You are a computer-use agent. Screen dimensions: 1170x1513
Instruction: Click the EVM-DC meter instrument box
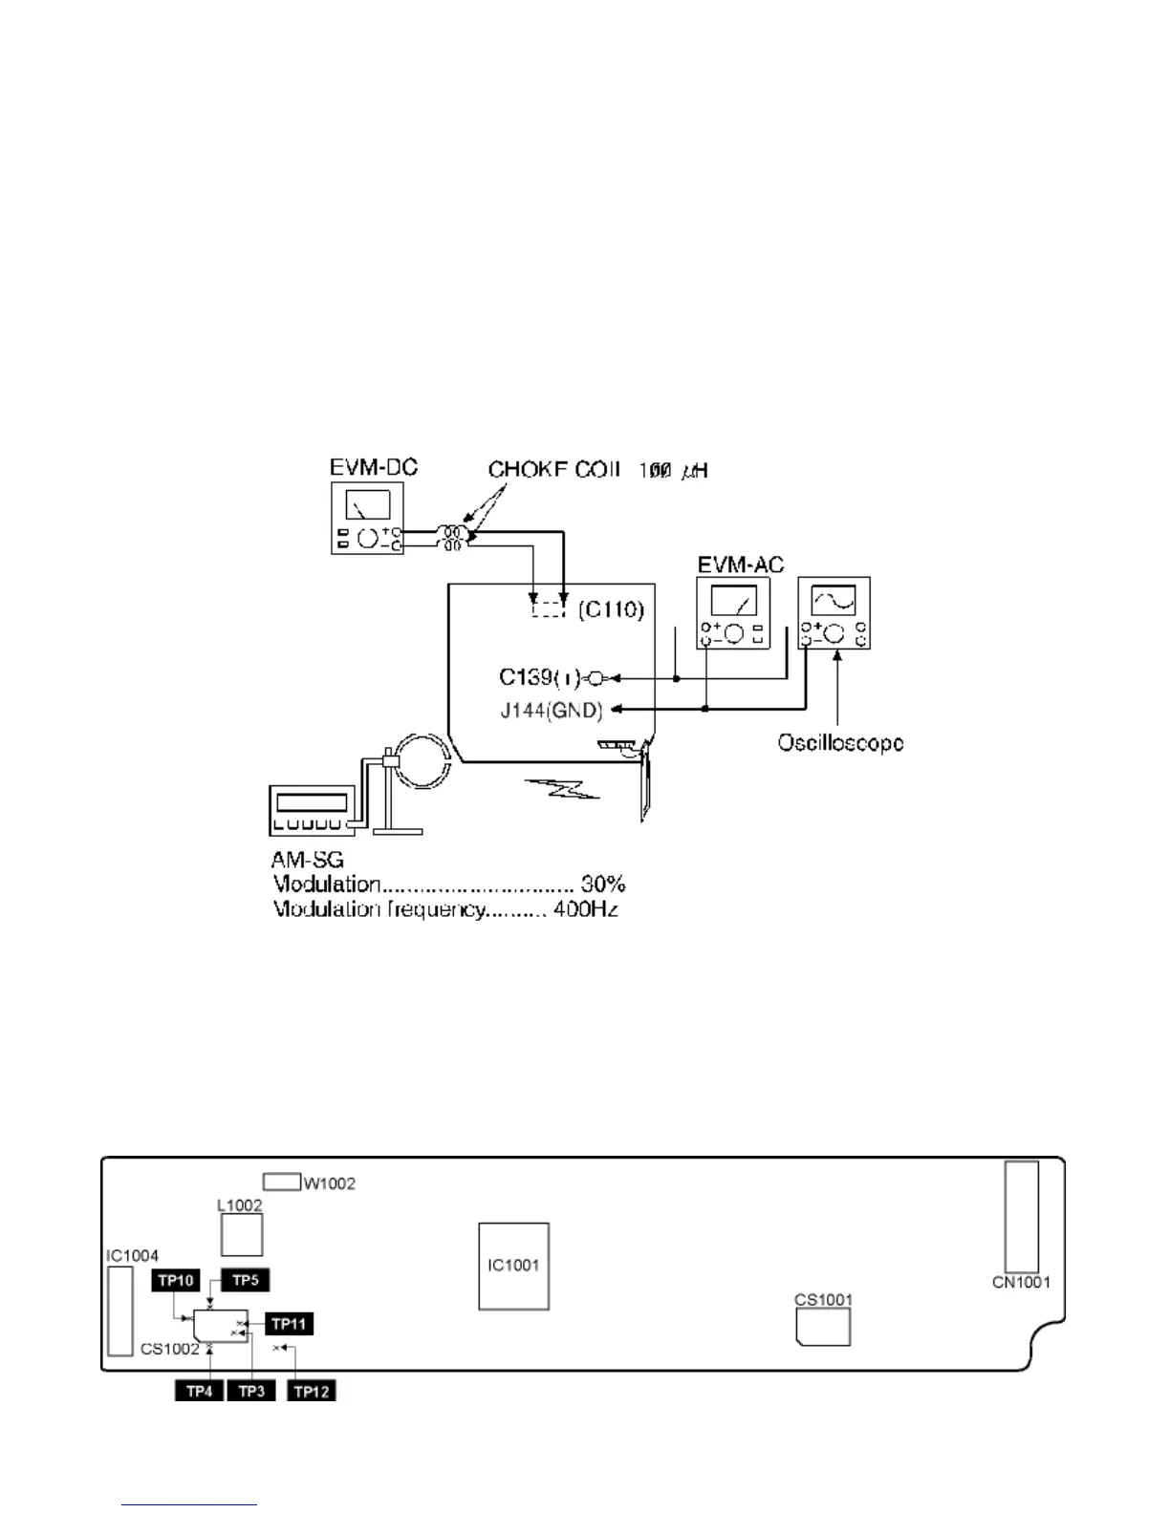(367, 518)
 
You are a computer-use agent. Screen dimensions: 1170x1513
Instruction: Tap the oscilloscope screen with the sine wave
(834, 600)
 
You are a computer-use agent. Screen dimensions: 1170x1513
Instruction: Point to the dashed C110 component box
(549, 607)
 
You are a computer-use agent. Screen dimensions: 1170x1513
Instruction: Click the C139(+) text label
(539, 677)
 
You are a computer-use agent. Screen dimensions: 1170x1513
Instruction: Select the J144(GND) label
(551, 710)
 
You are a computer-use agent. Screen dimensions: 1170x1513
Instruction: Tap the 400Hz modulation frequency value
(585, 908)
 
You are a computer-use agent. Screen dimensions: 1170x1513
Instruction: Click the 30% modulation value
(602, 884)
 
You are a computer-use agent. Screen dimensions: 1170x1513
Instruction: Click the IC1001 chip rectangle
(513, 1266)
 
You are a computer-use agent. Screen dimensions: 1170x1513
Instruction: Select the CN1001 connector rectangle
(1021, 1217)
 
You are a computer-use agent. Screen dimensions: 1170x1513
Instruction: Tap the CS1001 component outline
(823, 1327)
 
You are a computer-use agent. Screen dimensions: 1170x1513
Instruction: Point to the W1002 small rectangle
(281, 1182)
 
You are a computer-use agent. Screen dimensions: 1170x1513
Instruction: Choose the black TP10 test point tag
(176, 1281)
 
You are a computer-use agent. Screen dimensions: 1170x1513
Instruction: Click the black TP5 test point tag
(246, 1280)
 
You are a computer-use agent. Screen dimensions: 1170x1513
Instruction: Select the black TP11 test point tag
(289, 1324)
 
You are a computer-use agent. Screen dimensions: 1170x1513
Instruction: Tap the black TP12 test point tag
(312, 1391)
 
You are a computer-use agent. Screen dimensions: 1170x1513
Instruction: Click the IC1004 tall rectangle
(119, 1311)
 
